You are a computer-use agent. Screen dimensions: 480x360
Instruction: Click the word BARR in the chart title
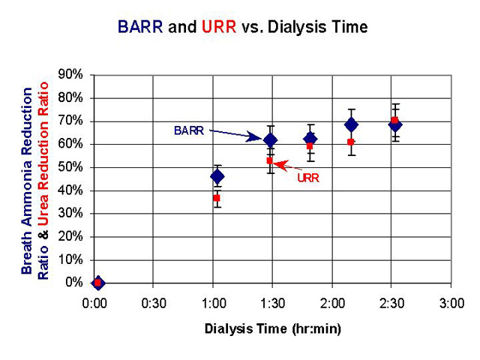point(140,27)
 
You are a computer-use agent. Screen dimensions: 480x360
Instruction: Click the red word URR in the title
point(219,27)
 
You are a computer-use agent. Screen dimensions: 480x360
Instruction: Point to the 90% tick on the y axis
point(70,74)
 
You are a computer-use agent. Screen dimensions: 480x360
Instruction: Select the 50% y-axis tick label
point(70,167)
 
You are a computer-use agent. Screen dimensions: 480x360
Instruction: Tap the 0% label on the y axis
point(74,282)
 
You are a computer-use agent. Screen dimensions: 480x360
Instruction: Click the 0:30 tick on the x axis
point(154,303)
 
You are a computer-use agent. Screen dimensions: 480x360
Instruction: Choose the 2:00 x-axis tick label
point(332,303)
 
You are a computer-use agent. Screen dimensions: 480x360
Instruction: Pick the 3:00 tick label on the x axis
point(451,303)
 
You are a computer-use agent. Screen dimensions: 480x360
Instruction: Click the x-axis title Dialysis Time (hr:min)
point(272,329)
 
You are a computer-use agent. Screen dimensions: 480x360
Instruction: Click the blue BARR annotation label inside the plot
point(189,130)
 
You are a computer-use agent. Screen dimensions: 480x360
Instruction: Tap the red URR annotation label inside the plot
point(308,178)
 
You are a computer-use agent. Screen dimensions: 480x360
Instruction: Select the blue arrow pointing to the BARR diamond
point(235,135)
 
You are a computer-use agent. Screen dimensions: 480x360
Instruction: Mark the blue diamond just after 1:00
point(217,176)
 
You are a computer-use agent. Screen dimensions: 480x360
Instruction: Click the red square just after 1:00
point(217,198)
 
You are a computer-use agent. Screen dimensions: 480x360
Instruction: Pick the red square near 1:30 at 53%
point(270,160)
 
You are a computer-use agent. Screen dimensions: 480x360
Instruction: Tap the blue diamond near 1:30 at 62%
point(271,140)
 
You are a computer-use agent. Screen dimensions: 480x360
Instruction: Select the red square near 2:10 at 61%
point(351,142)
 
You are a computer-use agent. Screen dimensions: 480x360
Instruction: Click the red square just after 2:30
point(395,120)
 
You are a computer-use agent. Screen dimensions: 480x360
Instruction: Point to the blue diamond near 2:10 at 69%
point(352,125)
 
